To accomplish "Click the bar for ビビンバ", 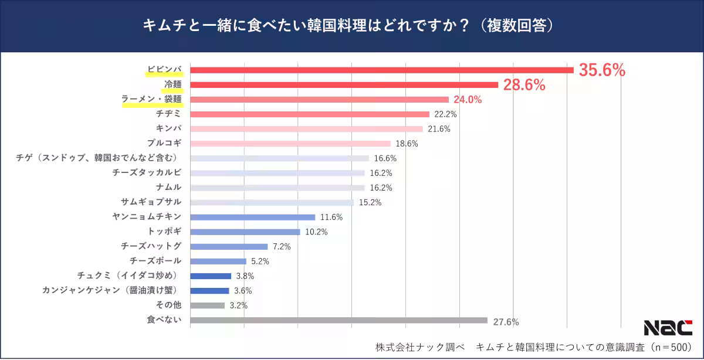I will [x=381, y=70].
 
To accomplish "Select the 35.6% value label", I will [x=602, y=70].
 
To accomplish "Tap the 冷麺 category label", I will [x=173, y=84].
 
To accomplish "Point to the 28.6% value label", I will [x=524, y=85].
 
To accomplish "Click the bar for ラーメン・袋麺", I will [x=320, y=100].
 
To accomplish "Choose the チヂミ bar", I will [x=310, y=114].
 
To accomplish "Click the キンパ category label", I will [x=169, y=128].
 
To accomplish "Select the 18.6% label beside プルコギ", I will [x=407, y=144].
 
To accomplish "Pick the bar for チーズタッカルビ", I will [x=277, y=173].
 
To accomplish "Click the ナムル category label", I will [x=169, y=187].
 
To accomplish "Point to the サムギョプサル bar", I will [x=272, y=202].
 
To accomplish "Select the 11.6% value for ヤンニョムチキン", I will [x=331, y=217].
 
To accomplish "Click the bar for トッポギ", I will [x=245, y=232].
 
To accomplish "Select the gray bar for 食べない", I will [x=339, y=320].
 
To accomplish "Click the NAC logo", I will [x=668, y=328].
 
